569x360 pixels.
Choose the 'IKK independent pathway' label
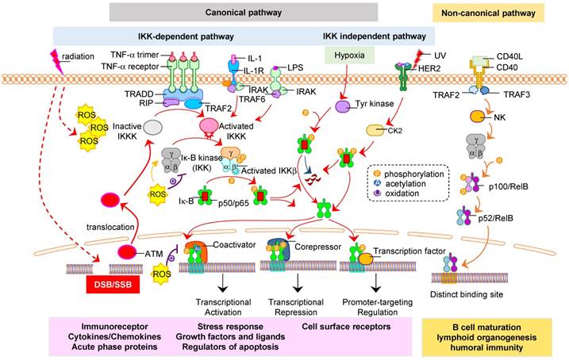[378, 36]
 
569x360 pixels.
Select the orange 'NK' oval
[477, 117]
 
